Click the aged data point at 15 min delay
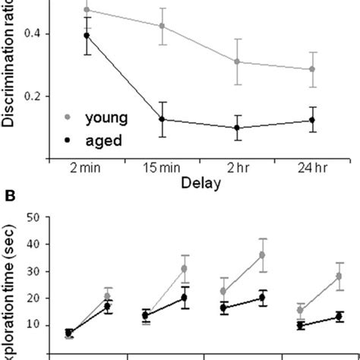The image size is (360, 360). point(162,119)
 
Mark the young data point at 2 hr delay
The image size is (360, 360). point(238,62)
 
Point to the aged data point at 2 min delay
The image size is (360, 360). point(87,35)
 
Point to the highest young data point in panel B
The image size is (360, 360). point(263,255)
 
